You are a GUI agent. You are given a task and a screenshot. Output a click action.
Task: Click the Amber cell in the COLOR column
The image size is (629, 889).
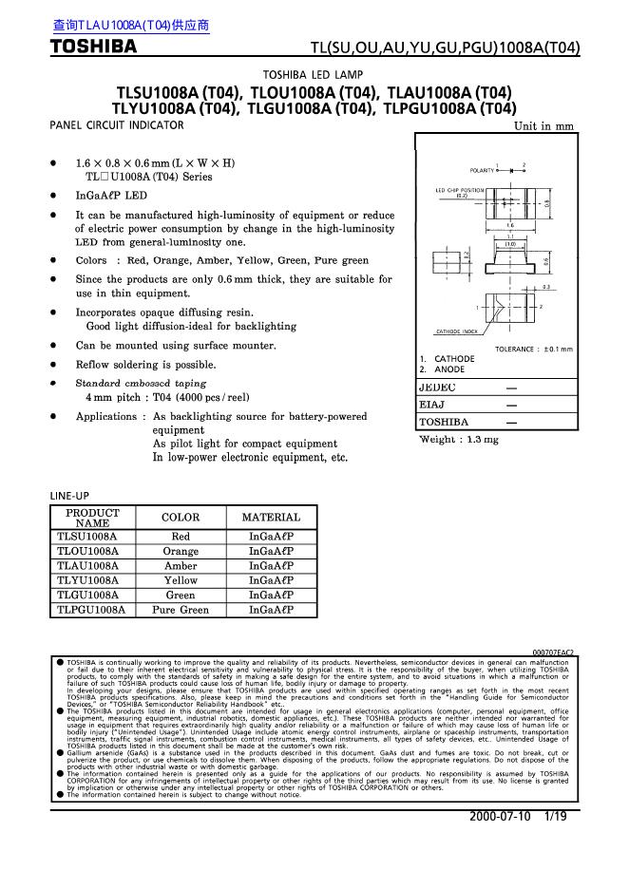(181, 565)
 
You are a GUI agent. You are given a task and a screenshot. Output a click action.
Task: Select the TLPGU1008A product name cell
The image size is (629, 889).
(92, 610)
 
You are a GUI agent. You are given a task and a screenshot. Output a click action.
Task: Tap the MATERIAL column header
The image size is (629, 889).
(271, 518)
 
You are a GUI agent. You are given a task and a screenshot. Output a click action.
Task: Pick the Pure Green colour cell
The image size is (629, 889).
(181, 610)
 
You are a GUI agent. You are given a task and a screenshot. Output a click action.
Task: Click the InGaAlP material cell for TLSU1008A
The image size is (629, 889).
(271, 537)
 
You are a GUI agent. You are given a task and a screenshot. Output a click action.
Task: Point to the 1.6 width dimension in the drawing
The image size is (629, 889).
(510, 226)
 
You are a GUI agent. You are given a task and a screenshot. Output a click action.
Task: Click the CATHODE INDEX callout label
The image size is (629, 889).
(456, 331)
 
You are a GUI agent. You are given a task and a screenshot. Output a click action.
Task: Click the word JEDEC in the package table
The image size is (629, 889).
(438, 388)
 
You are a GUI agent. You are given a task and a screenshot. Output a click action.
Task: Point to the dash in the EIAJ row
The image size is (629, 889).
(512, 405)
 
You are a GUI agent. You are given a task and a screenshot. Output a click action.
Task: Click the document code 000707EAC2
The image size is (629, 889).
(551, 653)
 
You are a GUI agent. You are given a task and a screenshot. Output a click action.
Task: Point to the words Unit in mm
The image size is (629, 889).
(543, 126)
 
